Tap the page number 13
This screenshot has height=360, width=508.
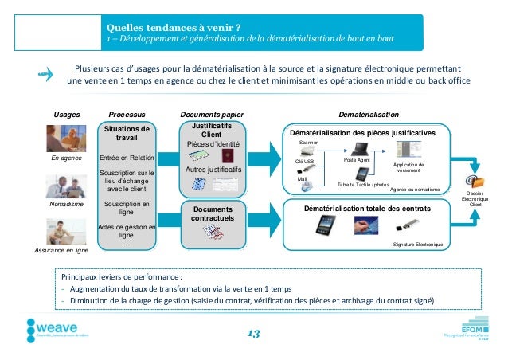(253, 333)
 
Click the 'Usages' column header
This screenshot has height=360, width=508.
(67, 115)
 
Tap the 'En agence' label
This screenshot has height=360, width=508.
(67, 158)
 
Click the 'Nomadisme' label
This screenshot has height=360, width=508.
(67, 204)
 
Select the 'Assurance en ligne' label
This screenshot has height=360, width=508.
(67, 250)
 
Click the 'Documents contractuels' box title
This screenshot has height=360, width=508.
(211, 213)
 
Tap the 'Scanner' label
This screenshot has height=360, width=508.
(308, 141)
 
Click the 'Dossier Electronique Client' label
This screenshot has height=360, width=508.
(475, 198)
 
